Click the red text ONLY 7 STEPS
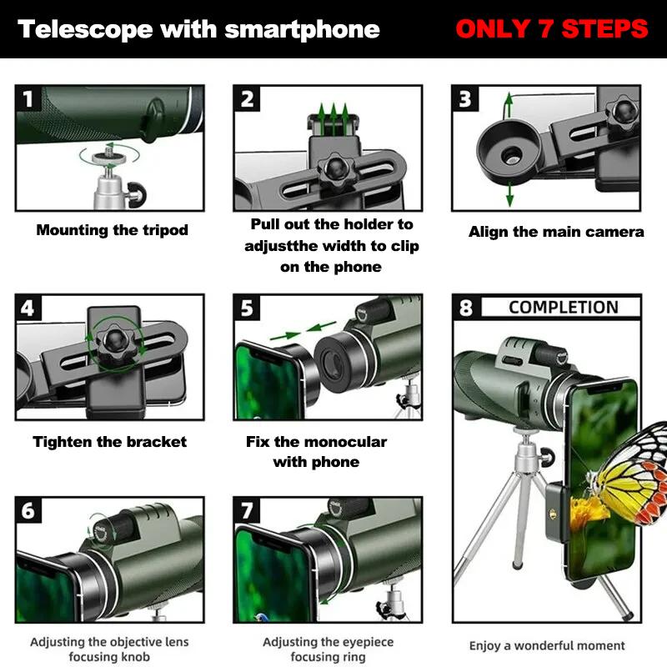point(551,29)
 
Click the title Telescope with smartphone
point(198,30)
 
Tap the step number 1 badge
point(28,100)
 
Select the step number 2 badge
point(247,99)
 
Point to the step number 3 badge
point(465,99)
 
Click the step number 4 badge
point(28,308)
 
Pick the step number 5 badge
point(247,308)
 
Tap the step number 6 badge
point(28,510)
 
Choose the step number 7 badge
point(247,510)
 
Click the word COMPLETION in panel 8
point(563,307)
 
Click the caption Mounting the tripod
point(112,230)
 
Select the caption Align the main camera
point(556,232)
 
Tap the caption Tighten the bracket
point(109,442)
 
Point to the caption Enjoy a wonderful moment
point(547,645)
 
